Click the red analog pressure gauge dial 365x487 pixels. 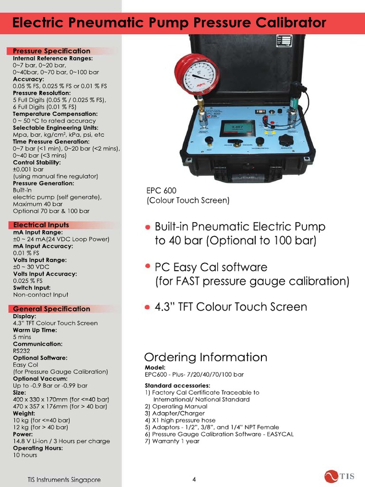tap(197, 74)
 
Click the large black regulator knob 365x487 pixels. tap(286, 141)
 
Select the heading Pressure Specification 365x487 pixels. tap(51, 51)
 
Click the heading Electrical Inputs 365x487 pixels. tap(41, 225)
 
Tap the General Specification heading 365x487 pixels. tap(51, 309)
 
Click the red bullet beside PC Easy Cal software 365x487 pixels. tap(148, 266)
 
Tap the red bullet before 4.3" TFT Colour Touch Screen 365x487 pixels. tap(148, 307)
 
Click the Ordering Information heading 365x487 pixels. tap(205, 357)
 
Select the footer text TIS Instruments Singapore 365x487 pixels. tap(63, 479)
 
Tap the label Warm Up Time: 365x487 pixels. tap(35, 330)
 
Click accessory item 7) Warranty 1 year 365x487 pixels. tap(172, 441)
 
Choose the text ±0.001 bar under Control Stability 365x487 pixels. tap(28, 169)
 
